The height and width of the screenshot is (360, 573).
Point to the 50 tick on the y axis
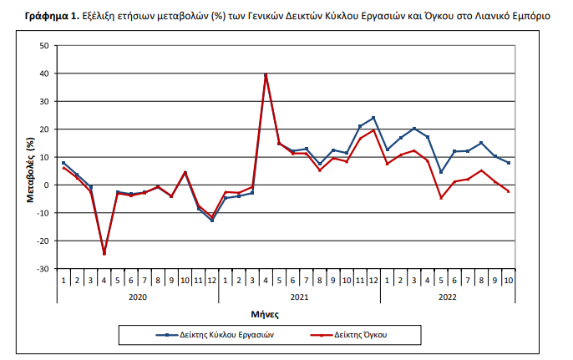43,45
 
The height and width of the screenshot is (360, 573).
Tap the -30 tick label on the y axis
42,269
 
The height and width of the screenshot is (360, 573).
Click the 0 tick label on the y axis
46,185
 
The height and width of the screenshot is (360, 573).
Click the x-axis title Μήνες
265,315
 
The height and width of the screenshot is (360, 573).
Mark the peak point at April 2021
266,74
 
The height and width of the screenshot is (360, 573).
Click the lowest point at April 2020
104,253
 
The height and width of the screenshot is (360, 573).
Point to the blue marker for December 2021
373,118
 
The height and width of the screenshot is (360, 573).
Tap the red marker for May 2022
441,198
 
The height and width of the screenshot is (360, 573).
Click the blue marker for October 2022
509,163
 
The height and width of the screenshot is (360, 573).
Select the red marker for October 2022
509,191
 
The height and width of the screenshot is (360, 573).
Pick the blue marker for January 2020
63,163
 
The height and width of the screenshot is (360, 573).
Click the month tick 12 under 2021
373,278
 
